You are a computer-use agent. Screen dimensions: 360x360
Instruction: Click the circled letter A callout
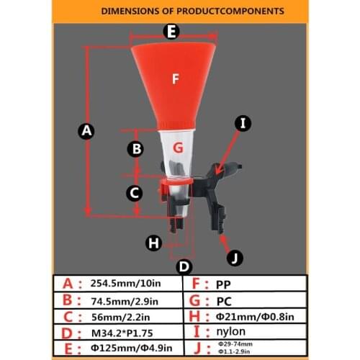point(86,131)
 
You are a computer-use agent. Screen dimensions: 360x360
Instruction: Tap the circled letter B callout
point(135,149)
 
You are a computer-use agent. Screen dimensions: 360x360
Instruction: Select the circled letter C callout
point(134,192)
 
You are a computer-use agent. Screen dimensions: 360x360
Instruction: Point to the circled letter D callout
point(184,266)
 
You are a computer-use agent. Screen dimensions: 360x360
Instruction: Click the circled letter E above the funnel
point(171,31)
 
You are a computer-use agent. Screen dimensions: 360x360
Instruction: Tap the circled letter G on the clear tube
point(180,148)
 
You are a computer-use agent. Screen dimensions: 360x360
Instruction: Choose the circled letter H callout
point(153,243)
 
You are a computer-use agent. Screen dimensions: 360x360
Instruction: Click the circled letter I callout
point(243,123)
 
